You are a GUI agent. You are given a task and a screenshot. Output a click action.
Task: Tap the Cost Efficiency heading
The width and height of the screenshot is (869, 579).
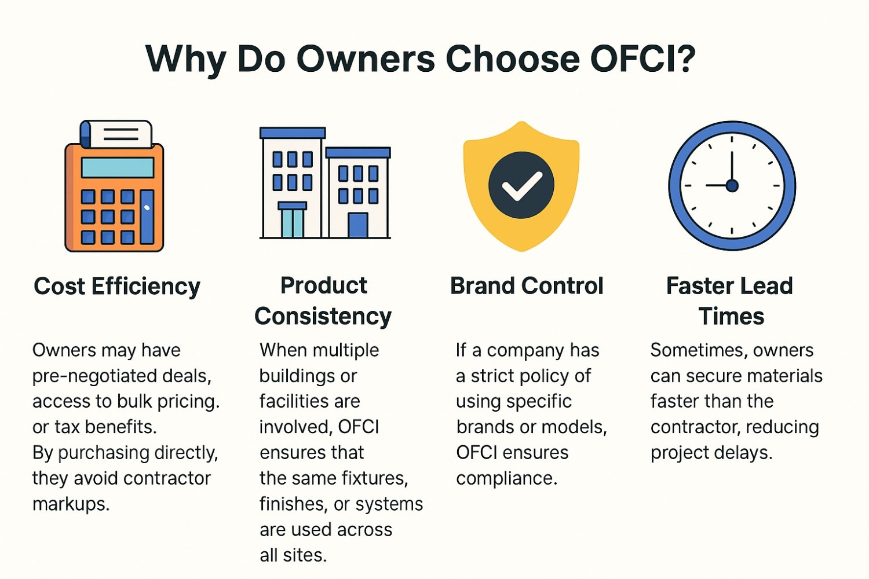(117, 286)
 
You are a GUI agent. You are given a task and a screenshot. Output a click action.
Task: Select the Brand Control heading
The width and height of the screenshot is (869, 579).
(527, 285)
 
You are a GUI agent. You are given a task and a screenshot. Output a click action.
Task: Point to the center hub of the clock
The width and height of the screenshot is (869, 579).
(732, 185)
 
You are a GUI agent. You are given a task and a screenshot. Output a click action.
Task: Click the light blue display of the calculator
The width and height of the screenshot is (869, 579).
(117, 167)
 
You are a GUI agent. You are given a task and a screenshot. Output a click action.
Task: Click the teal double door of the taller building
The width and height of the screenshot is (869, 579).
(293, 222)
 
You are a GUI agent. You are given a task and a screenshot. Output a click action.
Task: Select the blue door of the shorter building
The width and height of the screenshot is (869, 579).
(357, 225)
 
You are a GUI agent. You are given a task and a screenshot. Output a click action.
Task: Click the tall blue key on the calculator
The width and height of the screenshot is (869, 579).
(147, 216)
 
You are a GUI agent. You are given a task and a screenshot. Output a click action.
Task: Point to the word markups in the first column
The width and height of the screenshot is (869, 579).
(71, 504)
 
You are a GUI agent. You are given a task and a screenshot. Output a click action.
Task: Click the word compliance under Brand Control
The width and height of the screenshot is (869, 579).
(506, 478)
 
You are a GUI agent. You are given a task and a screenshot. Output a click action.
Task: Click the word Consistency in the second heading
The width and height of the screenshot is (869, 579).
(323, 316)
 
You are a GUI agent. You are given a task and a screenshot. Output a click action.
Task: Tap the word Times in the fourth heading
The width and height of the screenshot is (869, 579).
(731, 316)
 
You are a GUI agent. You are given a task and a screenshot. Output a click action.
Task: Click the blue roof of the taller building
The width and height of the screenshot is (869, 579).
(293, 133)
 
